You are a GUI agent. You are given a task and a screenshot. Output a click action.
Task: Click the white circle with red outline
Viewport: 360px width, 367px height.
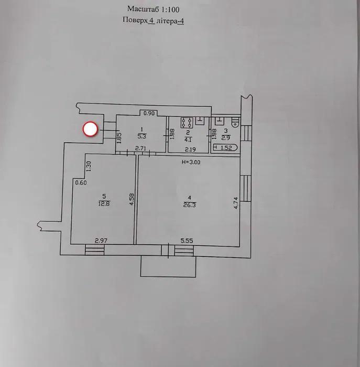91,129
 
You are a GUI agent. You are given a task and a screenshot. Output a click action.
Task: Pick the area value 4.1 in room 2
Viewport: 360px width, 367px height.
187,139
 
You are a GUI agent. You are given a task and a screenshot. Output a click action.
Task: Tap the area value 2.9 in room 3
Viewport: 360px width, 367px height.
225,138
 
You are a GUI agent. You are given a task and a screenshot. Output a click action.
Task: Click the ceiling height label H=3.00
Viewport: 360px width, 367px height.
191,162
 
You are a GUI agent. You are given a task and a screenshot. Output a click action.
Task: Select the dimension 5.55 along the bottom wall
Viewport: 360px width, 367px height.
187,241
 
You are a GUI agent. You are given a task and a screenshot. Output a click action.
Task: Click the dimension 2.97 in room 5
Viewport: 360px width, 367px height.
101,241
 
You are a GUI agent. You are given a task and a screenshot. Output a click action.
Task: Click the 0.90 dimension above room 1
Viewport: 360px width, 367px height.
149,113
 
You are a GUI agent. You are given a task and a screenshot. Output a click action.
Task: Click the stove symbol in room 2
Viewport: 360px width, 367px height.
186,123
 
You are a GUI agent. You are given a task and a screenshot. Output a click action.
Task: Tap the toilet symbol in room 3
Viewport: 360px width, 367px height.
235,122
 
